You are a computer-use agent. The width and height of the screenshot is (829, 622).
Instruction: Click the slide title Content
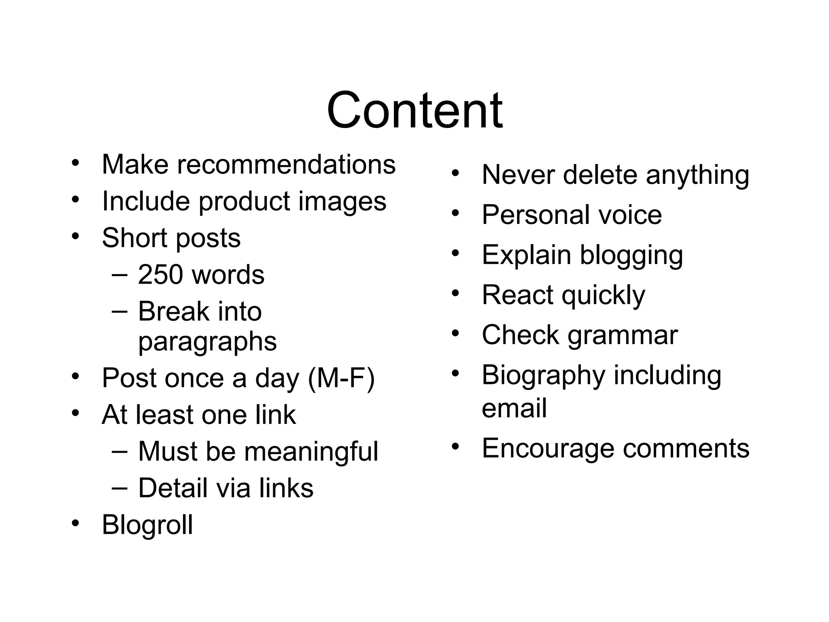(x=414, y=110)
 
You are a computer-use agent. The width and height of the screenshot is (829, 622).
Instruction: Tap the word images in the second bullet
(x=342, y=201)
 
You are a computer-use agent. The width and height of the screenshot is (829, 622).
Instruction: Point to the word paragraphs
(x=207, y=342)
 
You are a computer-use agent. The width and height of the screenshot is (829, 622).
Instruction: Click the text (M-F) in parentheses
(x=341, y=378)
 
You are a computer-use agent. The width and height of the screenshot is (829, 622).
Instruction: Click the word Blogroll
(x=147, y=525)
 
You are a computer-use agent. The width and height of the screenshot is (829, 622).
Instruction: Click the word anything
(x=697, y=176)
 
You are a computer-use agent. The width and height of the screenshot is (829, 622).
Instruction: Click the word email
(x=514, y=408)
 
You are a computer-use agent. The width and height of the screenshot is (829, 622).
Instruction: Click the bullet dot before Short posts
(x=75, y=236)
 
